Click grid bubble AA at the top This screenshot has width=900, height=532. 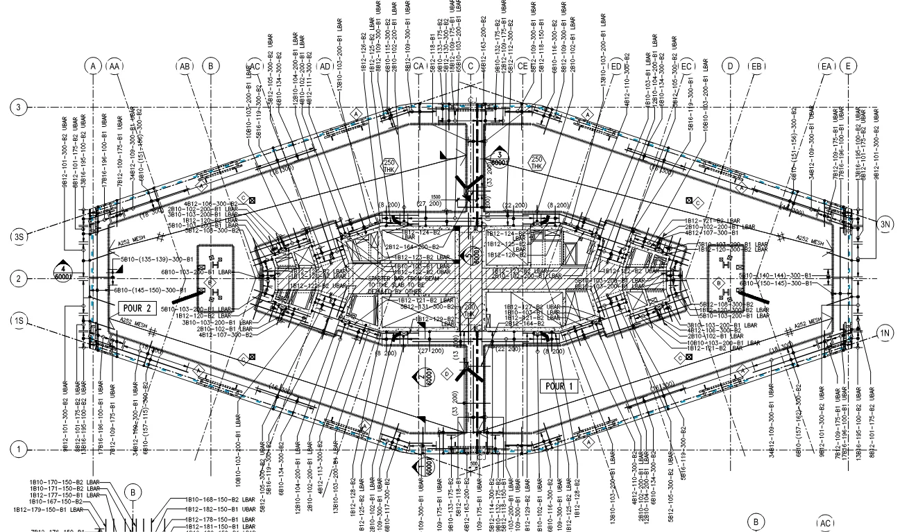click(114, 66)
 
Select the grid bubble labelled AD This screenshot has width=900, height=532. click(325, 66)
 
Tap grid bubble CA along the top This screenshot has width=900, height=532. click(418, 66)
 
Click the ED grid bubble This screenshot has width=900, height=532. click(617, 66)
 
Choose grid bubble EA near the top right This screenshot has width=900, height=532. click(826, 66)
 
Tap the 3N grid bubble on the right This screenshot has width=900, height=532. click(885, 223)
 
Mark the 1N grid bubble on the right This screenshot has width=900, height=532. click(885, 334)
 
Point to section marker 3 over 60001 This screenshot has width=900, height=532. click(498, 158)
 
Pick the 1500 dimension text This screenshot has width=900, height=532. click(436, 196)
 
